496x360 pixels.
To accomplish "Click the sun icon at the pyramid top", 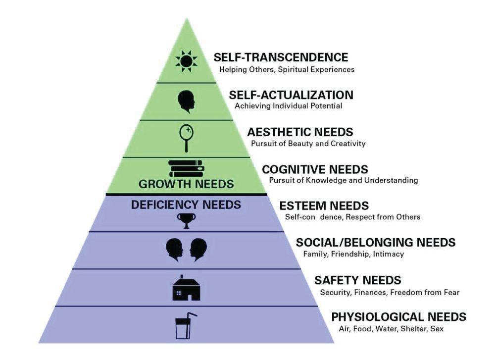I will coord(186,61).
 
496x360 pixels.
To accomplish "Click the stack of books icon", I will coord(186,168).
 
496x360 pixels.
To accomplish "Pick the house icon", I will coord(186,288).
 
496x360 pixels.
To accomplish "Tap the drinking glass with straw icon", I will coord(186,326).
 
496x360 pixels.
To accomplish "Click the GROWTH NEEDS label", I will coord(186,184).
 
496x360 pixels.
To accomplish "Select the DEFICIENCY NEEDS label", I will coord(186,204).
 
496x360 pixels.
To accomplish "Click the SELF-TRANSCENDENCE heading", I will coord(281,57).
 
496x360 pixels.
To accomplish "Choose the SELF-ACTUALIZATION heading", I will coord(291,95).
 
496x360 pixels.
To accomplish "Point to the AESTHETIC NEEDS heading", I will coord(300,132).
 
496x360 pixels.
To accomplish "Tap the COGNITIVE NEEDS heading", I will coord(315,169).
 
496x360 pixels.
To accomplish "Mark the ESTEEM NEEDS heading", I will coord(324,206).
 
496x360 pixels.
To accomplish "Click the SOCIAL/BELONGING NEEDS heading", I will coord(375,243).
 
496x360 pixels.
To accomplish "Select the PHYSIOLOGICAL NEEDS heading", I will coord(398,316).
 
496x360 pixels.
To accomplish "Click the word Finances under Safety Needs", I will coord(371,292).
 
